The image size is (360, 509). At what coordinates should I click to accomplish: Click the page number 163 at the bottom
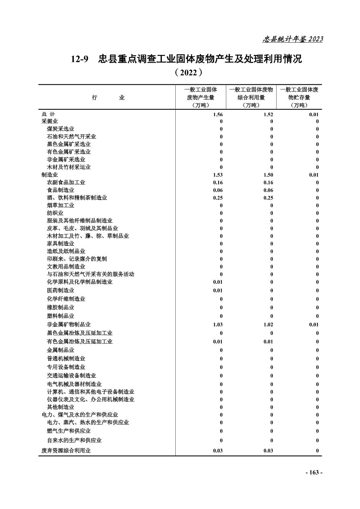click(314, 472)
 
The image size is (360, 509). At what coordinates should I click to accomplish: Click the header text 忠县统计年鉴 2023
click(292, 39)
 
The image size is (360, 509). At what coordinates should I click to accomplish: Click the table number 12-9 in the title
click(80, 59)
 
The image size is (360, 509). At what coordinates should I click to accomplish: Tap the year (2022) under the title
click(188, 72)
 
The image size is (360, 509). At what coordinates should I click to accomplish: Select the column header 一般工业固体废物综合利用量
click(251, 97)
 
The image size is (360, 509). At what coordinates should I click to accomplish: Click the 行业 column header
click(108, 98)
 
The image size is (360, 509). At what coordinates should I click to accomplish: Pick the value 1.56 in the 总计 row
click(218, 115)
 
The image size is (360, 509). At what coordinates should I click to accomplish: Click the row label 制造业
click(50, 175)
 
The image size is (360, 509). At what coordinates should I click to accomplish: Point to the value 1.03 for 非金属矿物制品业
click(218, 324)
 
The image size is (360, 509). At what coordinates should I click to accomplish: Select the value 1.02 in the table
click(268, 324)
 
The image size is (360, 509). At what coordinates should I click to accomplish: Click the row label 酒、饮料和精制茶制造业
click(77, 198)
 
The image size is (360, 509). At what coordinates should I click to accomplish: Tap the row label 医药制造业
click(60, 290)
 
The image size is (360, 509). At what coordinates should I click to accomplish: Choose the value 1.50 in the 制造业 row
click(268, 175)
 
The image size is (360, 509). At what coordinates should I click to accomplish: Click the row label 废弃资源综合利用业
click(66, 451)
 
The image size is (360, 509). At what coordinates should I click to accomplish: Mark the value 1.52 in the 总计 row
click(268, 115)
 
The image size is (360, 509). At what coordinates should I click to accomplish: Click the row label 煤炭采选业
click(60, 129)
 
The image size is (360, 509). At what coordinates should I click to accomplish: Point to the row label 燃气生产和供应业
click(69, 431)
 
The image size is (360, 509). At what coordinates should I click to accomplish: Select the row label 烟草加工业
click(60, 205)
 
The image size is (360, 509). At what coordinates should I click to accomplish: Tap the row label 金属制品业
click(60, 350)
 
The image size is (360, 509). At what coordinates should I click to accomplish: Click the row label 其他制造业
click(60, 407)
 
